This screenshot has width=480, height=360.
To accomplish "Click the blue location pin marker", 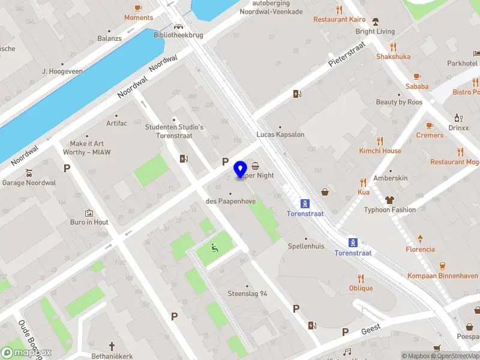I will [x=241, y=170].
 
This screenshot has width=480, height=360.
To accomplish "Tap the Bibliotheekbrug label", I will [x=179, y=35].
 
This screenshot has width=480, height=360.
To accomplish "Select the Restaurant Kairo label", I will [x=339, y=19].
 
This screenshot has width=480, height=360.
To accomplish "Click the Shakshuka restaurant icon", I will [x=394, y=46].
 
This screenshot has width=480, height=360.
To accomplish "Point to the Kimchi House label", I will [x=380, y=151].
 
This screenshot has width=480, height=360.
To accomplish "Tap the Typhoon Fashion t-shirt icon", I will [x=389, y=200].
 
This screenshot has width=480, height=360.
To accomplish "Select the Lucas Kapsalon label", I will [x=280, y=134].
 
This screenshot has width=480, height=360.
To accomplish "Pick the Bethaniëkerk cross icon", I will [x=112, y=346].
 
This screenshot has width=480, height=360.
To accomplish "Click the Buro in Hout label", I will [x=89, y=222].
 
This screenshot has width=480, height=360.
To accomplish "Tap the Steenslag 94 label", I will [x=247, y=293].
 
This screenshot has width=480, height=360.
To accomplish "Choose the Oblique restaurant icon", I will [x=361, y=278].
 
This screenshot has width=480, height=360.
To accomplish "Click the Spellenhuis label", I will [x=306, y=246].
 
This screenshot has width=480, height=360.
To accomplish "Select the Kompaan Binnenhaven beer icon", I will [x=442, y=266].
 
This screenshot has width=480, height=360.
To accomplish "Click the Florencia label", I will [x=420, y=249].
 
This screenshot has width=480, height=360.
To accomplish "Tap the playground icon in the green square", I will [x=214, y=247].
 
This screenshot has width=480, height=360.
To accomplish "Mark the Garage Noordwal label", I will [x=29, y=182].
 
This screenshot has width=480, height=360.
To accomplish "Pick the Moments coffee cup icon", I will [x=139, y=8].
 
